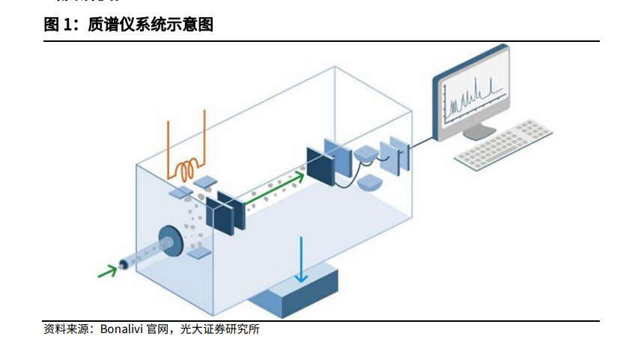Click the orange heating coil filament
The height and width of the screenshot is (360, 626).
coord(187,170)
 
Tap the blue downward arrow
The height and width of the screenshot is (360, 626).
coord(302,260)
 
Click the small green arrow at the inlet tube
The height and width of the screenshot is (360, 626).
coord(108,272)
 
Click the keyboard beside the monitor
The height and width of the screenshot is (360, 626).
coord(504,144)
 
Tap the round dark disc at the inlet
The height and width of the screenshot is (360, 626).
coord(170,241)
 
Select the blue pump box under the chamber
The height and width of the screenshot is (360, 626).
coord(294,290)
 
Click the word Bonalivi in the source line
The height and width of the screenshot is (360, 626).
coord(121,329)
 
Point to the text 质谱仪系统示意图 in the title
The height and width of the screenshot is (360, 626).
coord(151,25)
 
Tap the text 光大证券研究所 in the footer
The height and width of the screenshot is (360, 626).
coord(220,329)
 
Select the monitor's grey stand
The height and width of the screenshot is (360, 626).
coord(479,132)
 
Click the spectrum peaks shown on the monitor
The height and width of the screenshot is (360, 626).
coord(475,96)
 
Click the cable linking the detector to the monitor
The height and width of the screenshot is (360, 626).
coord(421,141)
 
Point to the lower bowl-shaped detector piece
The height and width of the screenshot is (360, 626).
coord(370,183)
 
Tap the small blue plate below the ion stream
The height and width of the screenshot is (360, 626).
coord(199,253)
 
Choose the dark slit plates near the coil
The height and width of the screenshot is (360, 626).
coord(225,212)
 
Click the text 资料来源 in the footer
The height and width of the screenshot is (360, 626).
coord(67,329)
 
